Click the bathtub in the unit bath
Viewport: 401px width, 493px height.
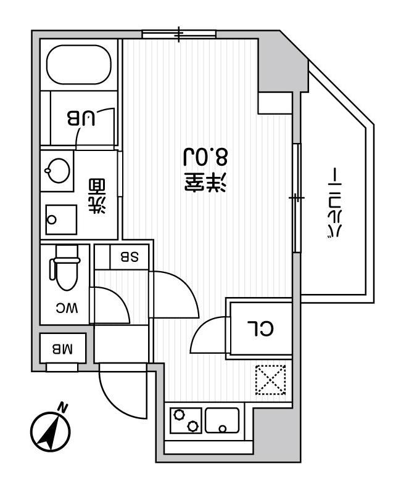pyautogui.click(x=79, y=65)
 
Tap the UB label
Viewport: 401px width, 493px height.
pyautogui.click(x=81, y=118)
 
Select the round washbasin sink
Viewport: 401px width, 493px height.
pyautogui.click(x=58, y=170)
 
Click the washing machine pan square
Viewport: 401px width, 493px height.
pyautogui.click(x=61, y=219)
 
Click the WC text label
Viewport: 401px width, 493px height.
pyautogui.click(x=67, y=308)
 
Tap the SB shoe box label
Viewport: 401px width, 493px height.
pyautogui.click(x=130, y=257)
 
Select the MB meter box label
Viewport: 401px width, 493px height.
pyautogui.click(x=62, y=349)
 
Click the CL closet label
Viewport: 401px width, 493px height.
pyautogui.click(x=260, y=328)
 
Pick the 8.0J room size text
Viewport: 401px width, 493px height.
pyautogui.click(x=205, y=157)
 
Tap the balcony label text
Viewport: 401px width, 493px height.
pyautogui.click(x=334, y=203)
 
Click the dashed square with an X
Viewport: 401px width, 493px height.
pyautogui.click(x=270, y=380)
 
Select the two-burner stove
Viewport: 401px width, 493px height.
pyautogui.click(x=186, y=420)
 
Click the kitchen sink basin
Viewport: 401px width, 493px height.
pyautogui.click(x=222, y=420)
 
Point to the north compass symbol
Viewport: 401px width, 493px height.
pyautogui.click(x=51, y=432)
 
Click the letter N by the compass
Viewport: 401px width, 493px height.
pyautogui.click(x=64, y=407)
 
